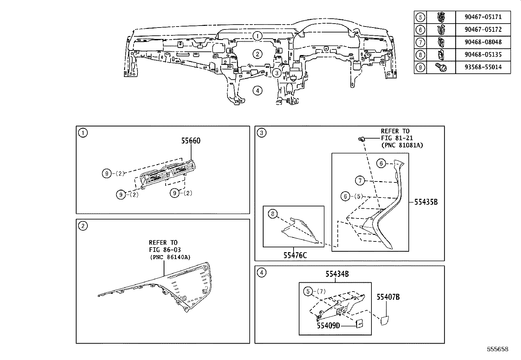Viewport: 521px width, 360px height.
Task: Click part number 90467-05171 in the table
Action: coord(483,17)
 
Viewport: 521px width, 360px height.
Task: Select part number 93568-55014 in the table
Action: coord(483,67)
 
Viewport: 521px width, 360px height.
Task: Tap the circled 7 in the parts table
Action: coord(420,42)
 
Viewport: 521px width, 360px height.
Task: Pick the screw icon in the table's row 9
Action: coord(441,67)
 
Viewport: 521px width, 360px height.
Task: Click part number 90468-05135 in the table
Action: coord(483,55)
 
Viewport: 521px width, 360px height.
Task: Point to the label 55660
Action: coord(191,141)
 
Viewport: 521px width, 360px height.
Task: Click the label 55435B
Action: coord(426,202)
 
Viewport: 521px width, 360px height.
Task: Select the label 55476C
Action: coord(295,256)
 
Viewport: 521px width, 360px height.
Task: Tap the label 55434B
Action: coord(337,274)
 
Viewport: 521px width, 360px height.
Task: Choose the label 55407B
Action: coord(388,297)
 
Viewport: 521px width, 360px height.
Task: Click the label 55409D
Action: coord(329,326)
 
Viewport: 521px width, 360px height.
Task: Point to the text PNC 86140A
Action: coord(171,257)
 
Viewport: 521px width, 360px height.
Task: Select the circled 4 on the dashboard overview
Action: coord(257,91)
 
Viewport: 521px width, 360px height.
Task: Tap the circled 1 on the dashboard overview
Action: coord(257,36)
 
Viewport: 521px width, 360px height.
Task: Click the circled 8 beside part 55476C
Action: coord(273,214)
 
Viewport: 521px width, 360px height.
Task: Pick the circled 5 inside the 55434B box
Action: coord(308,291)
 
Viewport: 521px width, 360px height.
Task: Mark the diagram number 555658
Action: coord(497,349)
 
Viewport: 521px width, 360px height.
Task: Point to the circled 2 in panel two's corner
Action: coord(83,226)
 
